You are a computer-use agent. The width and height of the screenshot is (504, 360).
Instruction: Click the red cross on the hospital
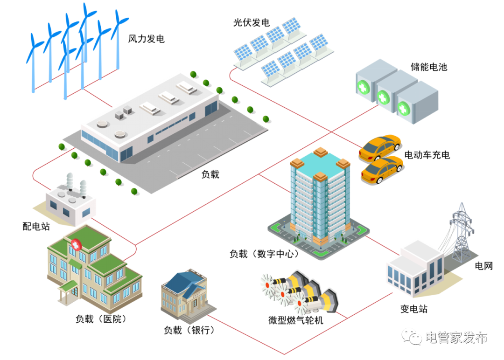(x=76, y=244)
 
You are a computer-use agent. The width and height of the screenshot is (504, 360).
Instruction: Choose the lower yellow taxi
(x=382, y=170)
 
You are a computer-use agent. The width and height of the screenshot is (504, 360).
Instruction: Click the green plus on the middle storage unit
(x=383, y=98)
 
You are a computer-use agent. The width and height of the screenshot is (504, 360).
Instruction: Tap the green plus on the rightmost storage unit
(x=403, y=109)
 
